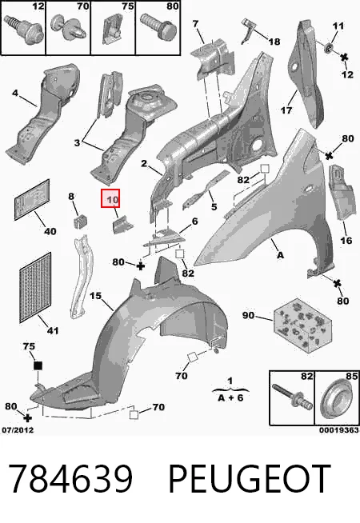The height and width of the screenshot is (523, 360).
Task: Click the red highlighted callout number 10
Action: click(x=110, y=198)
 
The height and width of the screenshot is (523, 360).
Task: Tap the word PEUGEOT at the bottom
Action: click(x=250, y=479)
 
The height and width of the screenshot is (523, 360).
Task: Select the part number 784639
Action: click(x=70, y=479)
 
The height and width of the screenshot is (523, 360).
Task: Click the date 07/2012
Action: click(x=18, y=430)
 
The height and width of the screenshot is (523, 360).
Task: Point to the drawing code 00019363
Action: click(x=339, y=430)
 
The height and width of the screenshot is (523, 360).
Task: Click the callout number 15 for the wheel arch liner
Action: click(x=95, y=296)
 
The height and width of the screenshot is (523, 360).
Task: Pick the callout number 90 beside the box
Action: click(x=248, y=315)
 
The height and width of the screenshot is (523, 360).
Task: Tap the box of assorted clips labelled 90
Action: click(x=303, y=325)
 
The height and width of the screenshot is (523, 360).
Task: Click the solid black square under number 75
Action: click(x=38, y=365)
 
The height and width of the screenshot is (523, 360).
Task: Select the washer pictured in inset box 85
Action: click(x=337, y=398)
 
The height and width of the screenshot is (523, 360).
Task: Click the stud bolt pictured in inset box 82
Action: click(x=292, y=396)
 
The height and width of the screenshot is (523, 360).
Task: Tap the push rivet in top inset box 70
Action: click(x=68, y=26)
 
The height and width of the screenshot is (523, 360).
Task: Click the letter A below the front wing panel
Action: click(x=280, y=255)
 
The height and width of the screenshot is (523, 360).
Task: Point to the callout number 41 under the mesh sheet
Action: click(x=52, y=330)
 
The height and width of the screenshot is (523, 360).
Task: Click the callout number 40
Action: click(x=50, y=231)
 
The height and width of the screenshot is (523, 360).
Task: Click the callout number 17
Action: click(x=286, y=110)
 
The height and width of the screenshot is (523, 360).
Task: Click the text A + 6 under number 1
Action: click(x=230, y=397)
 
